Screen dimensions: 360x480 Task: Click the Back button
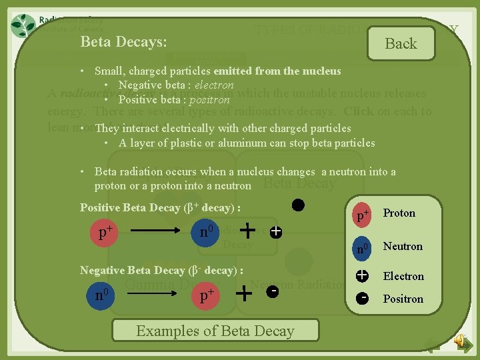401,44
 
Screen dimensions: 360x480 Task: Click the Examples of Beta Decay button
215,331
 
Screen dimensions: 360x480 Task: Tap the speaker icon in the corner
460,341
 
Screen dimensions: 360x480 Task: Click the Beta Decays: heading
123,41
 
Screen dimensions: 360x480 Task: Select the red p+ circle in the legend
363,215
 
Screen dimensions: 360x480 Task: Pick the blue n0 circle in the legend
363,248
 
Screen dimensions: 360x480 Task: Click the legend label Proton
399,213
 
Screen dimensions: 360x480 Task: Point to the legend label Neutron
402,247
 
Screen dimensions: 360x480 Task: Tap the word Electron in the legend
403,276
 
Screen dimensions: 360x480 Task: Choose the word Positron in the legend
403,299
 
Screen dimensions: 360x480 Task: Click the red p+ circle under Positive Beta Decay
105,233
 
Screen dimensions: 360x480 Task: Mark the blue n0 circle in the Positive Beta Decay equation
207,232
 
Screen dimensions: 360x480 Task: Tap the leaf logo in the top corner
24,25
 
